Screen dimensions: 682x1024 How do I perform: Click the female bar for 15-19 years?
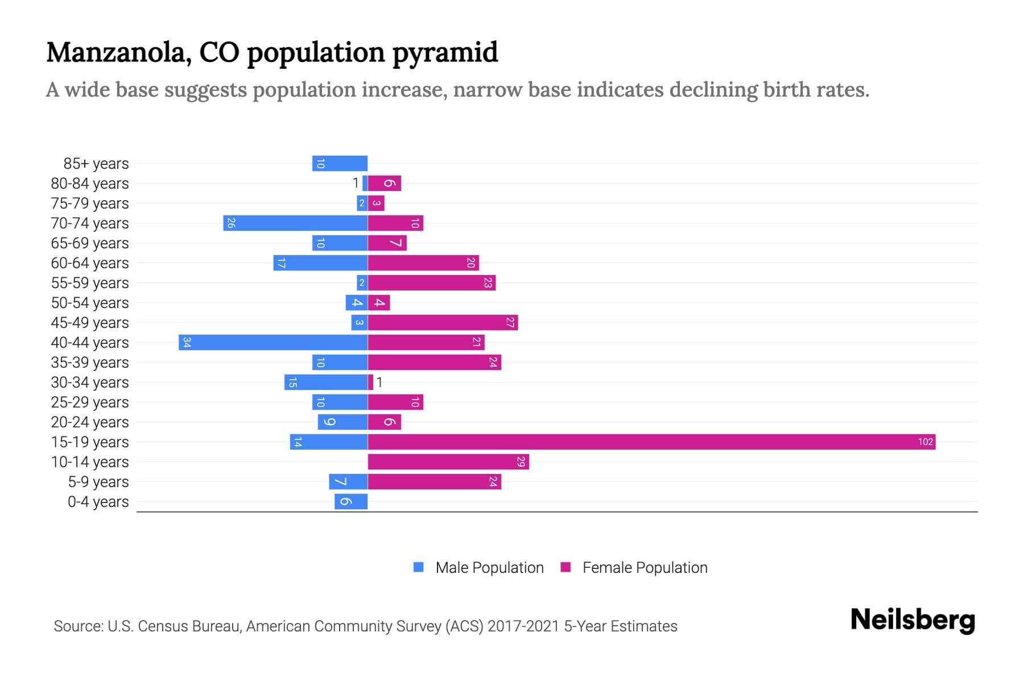click(651, 442)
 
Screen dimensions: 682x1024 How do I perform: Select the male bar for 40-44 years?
click(273, 342)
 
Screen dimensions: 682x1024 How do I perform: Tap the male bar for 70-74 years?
click(295, 223)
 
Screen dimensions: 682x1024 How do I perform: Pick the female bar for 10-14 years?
click(448, 461)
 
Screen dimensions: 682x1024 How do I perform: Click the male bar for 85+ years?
click(340, 163)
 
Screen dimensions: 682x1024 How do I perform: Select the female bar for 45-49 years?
click(443, 322)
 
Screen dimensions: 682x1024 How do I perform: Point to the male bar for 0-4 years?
click(351, 501)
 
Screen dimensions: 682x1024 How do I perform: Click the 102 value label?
click(925, 442)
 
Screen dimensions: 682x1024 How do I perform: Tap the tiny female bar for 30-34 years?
click(370, 382)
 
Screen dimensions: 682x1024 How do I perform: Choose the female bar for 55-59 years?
click(431, 282)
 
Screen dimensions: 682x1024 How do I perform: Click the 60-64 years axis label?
click(90, 263)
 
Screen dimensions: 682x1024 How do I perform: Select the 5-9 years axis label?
click(98, 482)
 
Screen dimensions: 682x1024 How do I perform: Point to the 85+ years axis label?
click(96, 164)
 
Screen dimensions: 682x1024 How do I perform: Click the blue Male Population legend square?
click(419, 567)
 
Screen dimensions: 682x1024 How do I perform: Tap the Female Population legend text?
click(645, 567)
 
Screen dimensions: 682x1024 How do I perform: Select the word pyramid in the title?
click(445, 52)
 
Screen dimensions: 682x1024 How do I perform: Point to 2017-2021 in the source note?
click(523, 626)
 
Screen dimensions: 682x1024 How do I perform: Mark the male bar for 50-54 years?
click(356, 302)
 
